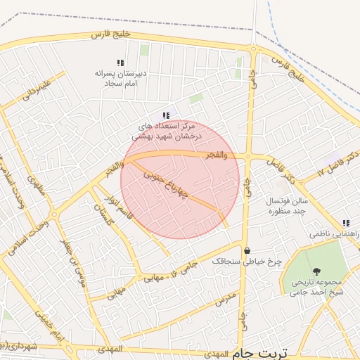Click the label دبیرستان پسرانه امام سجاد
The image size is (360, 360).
tap(120, 77)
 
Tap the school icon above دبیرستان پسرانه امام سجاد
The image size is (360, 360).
tap(120, 63)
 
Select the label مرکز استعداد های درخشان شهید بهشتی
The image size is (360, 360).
tap(167, 130)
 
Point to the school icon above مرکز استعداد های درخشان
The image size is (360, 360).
tap(166, 115)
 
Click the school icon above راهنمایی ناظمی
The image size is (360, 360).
tap(345, 222)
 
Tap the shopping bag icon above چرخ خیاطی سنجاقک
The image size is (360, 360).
tap(247, 250)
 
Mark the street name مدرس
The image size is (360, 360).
tap(224, 301)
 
